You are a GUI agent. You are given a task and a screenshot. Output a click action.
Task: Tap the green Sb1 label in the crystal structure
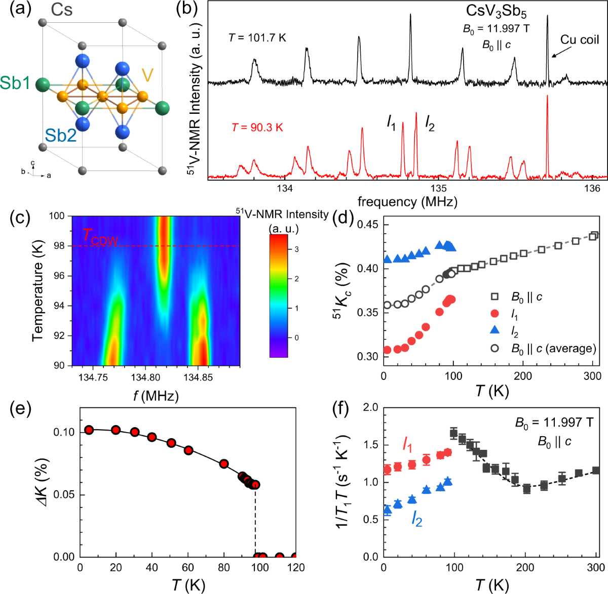click(15, 83)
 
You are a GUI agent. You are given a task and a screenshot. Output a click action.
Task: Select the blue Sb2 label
click(60, 135)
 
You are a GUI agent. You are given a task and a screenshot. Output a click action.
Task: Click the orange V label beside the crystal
click(147, 75)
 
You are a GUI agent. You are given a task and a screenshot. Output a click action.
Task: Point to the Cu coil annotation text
click(579, 40)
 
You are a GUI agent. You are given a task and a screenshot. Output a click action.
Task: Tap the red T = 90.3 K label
click(257, 128)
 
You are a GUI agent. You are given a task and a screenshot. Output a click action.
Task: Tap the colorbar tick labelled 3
click(296, 249)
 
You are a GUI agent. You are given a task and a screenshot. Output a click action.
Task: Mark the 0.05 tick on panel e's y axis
click(63, 495)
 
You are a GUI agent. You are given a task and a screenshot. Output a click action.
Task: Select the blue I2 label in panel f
click(416, 519)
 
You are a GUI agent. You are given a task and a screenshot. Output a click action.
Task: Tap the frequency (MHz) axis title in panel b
click(407, 202)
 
